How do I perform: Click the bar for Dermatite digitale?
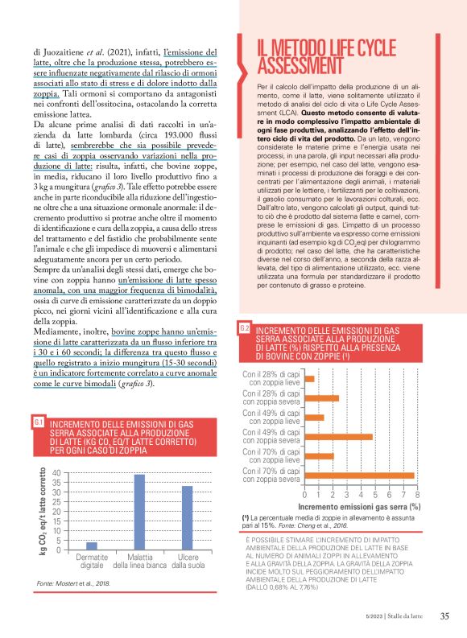[x=92, y=545]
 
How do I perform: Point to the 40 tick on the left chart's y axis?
[x=56, y=473]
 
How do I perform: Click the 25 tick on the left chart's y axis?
[x=56, y=502]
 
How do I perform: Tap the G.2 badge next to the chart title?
[x=245, y=328]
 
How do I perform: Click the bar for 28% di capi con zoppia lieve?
[x=309, y=379]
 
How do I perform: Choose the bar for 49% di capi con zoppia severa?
[x=338, y=437]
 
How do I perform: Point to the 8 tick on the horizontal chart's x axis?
[x=417, y=495]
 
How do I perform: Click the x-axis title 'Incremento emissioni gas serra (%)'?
[x=359, y=507]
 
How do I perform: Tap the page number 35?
[x=444, y=616]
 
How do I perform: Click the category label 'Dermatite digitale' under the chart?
[x=92, y=562]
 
